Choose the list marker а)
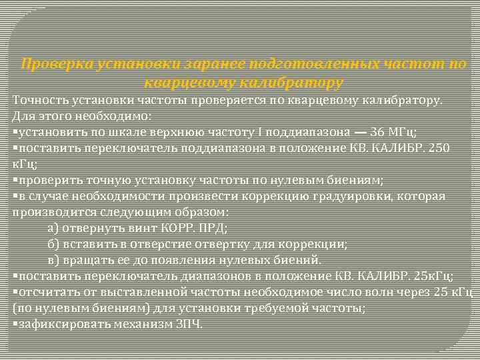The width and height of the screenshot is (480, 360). [x=54, y=228]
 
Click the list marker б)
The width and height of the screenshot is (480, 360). [x=54, y=244]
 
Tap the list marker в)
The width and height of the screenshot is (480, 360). [x=54, y=260]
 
